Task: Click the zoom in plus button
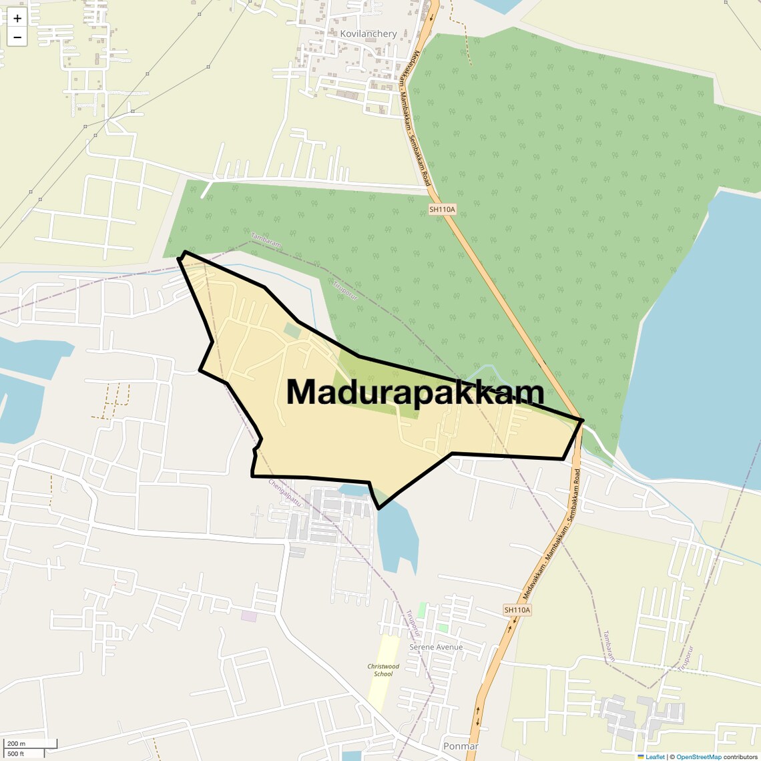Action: pyautogui.click(x=17, y=19)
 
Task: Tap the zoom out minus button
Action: pyautogui.click(x=17, y=37)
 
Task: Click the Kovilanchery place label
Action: pyautogui.click(x=368, y=33)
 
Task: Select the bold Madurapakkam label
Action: pyautogui.click(x=415, y=393)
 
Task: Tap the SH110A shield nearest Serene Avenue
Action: pyautogui.click(x=517, y=609)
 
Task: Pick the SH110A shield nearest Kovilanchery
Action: pyautogui.click(x=442, y=209)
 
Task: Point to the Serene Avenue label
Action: pyautogui.click(x=436, y=647)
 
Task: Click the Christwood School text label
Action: pyautogui.click(x=383, y=670)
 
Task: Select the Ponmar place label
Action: pyautogui.click(x=461, y=746)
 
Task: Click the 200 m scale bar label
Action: pyautogui.click(x=16, y=744)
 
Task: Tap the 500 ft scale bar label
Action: pyautogui.click(x=16, y=754)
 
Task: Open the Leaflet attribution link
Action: pyautogui.click(x=655, y=757)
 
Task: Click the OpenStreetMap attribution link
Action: pyautogui.click(x=698, y=757)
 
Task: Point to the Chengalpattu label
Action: pyautogui.click(x=286, y=493)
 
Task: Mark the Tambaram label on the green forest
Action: pyautogui.click(x=266, y=240)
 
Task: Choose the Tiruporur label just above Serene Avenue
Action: pyautogui.click(x=414, y=622)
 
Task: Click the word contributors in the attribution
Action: pyautogui.click(x=740, y=757)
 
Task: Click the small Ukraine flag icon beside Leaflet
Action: pyautogui.click(x=641, y=757)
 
